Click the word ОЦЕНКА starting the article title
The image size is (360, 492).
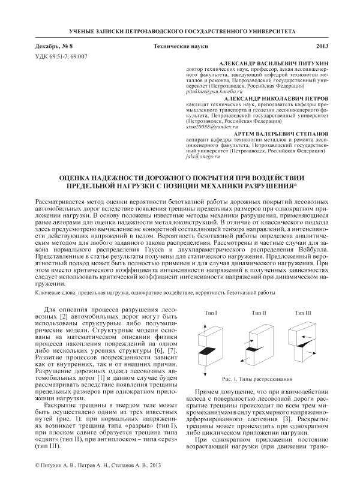tap(79, 177)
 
